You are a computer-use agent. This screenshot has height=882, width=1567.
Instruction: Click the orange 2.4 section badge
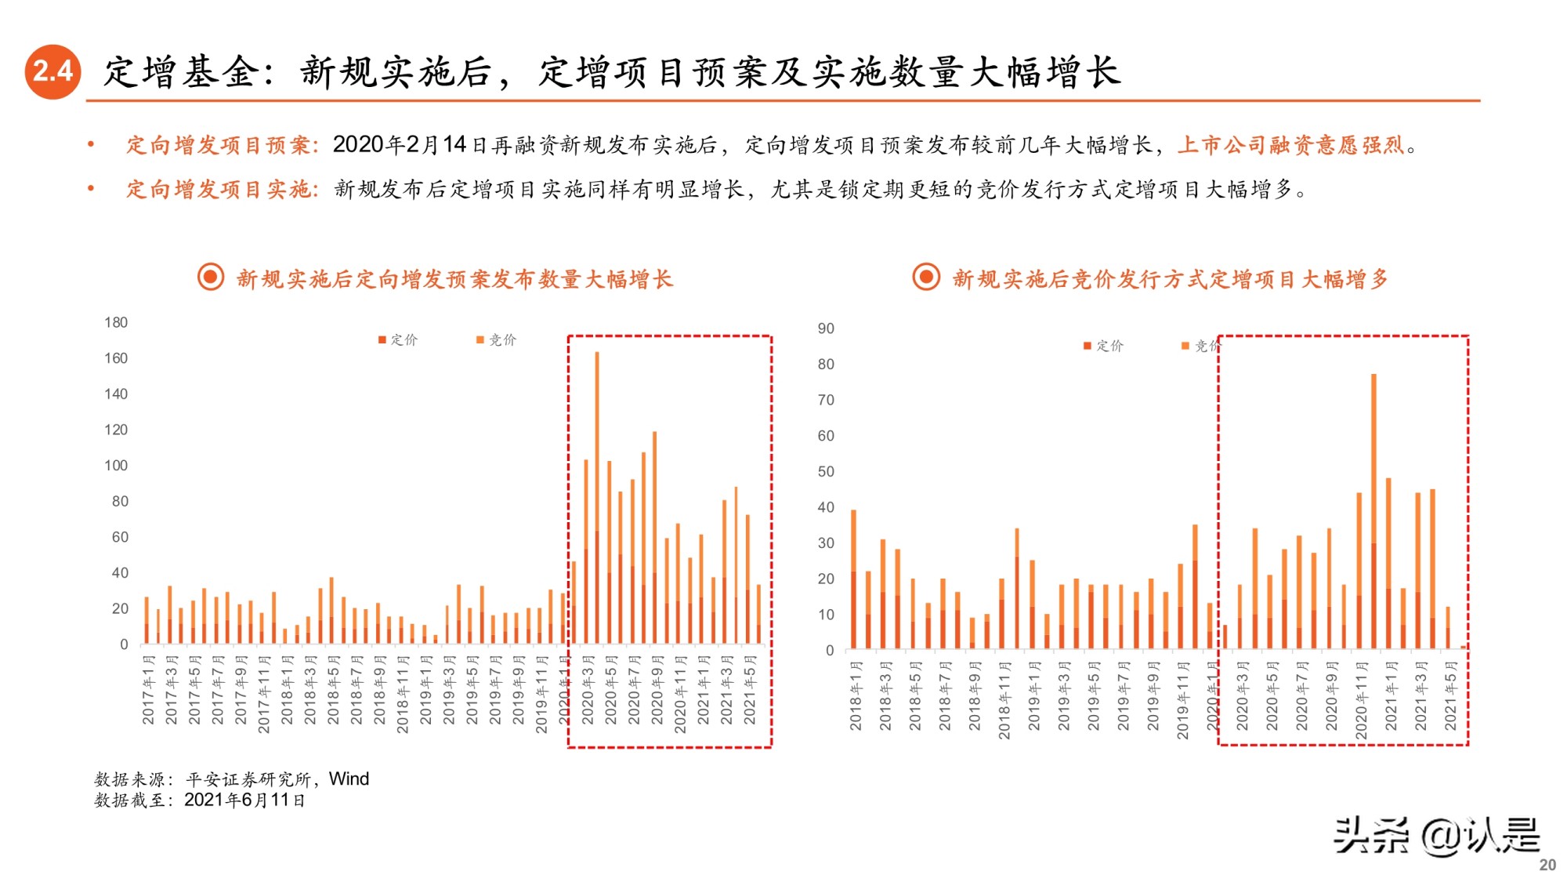point(52,71)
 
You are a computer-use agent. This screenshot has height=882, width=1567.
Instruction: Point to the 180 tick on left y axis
point(116,322)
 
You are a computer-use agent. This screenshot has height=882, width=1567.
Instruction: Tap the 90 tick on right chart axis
point(826,328)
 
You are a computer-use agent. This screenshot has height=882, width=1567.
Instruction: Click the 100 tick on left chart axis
point(116,466)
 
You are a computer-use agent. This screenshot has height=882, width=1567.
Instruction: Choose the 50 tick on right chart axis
point(826,472)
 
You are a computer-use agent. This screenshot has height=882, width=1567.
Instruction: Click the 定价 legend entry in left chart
point(399,339)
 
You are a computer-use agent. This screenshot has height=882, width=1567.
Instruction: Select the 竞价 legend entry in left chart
point(497,339)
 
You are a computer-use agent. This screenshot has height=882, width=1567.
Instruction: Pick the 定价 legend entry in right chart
point(1104,346)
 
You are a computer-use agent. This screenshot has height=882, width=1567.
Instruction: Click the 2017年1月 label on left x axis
point(148,690)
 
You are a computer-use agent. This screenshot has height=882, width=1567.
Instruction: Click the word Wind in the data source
point(349,779)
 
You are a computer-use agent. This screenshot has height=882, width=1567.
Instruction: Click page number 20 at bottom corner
point(1547,865)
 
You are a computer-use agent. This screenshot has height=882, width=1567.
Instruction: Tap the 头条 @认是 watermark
point(1437,836)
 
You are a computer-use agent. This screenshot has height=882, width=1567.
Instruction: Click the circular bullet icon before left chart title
point(211,278)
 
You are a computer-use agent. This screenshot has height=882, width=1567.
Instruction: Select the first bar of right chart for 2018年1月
point(853,579)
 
